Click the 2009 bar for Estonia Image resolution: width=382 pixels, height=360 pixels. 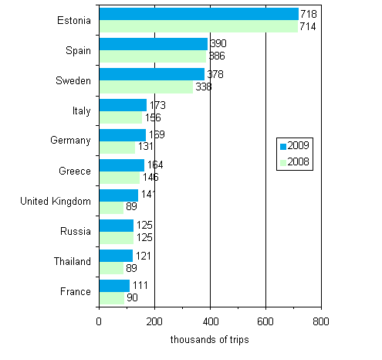tap(198, 14)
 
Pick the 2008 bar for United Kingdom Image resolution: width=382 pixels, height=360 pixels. tap(111, 207)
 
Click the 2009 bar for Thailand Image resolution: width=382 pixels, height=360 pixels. tap(116, 255)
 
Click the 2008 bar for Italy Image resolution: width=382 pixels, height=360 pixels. tap(120, 117)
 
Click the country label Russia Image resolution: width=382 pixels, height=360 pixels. tap(76, 231)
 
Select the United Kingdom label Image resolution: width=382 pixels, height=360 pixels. tap(56, 201)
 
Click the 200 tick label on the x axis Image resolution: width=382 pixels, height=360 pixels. tap(154, 321)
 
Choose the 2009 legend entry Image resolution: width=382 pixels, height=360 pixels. tap(296, 146)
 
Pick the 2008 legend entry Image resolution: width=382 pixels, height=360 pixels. tap(296, 162)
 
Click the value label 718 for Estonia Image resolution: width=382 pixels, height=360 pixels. tap(309, 14)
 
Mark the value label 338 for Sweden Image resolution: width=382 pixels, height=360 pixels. tap(203, 87)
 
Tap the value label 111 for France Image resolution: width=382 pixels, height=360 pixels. tap(140, 285)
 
